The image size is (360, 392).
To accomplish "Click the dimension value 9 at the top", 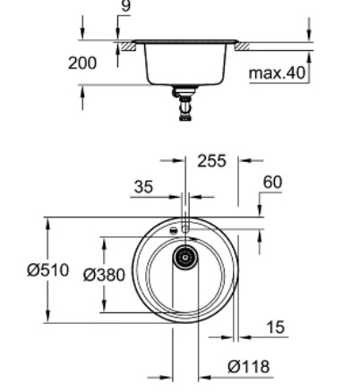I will tap(124, 7).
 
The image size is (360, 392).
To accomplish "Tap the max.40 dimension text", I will tap(278, 71).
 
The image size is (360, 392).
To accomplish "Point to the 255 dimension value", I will tap(211, 162).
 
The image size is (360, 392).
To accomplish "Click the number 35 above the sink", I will tap(142, 189).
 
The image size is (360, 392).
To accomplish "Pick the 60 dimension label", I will tap(272, 182).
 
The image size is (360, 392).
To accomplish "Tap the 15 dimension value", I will tap(276, 328).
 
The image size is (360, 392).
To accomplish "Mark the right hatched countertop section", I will tap(243, 44).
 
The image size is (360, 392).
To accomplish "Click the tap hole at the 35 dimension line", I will tap(185, 229).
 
